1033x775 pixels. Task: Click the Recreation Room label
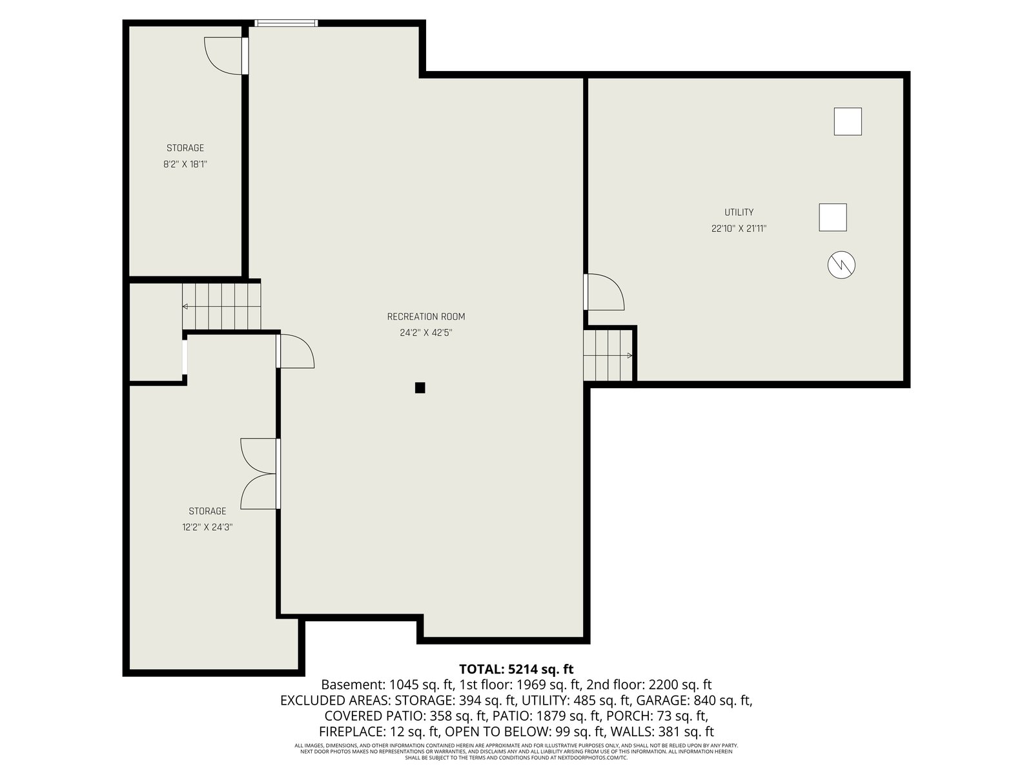(x=426, y=316)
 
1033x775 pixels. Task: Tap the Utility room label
(x=739, y=212)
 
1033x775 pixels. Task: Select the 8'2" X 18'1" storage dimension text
(x=185, y=164)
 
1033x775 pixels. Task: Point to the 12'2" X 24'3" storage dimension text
(x=207, y=527)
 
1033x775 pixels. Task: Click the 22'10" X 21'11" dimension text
(x=739, y=229)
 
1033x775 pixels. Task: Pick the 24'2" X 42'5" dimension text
(x=426, y=333)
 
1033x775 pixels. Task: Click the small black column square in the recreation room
(x=420, y=387)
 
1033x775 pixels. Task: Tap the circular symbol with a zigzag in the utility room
(x=841, y=265)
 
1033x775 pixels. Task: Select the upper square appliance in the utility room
(x=848, y=121)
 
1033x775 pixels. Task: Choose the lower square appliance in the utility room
(x=833, y=218)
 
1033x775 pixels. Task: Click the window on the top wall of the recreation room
(x=286, y=23)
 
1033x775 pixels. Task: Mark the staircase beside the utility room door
(x=608, y=355)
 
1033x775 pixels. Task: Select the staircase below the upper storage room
(x=221, y=306)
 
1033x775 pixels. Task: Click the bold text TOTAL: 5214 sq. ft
(x=516, y=669)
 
